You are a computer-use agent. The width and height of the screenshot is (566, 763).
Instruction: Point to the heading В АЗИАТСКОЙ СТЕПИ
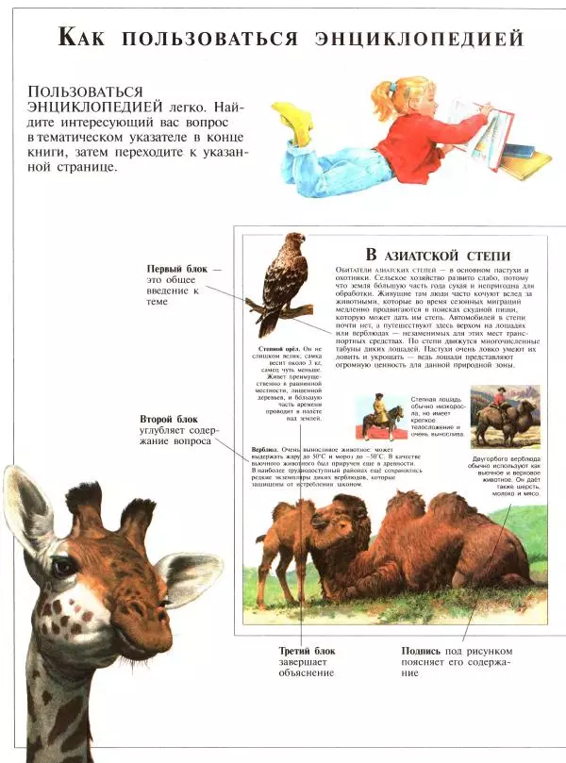(438, 255)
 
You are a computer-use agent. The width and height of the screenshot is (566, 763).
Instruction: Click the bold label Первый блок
(169, 270)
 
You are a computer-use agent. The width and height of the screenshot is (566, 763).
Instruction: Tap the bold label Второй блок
(169, 418)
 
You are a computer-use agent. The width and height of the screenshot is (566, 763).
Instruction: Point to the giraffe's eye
(63, 568)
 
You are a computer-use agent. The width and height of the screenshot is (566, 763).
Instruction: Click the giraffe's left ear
(27, 509)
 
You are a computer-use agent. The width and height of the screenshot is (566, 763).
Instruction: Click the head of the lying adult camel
(332, 522)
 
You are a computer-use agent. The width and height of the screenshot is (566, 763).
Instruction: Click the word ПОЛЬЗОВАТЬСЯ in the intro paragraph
(86, 91)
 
